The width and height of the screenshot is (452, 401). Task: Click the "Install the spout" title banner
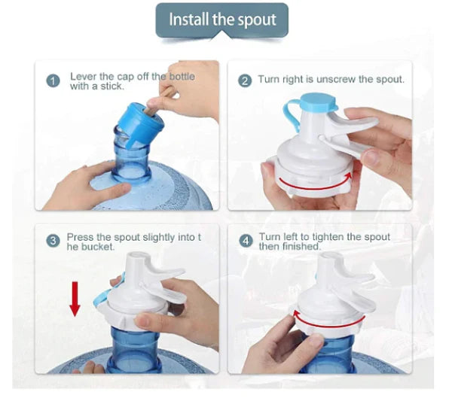(x=222, y=20)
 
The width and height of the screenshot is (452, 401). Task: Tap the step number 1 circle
(x=53, y=81)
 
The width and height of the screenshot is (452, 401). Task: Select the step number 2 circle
(x=245, y=81)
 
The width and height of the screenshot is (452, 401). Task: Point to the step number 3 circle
(x=53, y=241)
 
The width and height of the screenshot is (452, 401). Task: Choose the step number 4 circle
(x=246, y=241)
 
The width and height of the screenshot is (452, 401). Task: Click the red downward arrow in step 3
(x=75, y=299)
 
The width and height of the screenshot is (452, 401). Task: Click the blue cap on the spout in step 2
(x=319, y=102)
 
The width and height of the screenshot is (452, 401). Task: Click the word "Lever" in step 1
(x=84, y=77)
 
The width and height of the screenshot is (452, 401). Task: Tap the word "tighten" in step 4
(x=328, y=237)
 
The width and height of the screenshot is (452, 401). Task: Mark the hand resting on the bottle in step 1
(x=87, y=187)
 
